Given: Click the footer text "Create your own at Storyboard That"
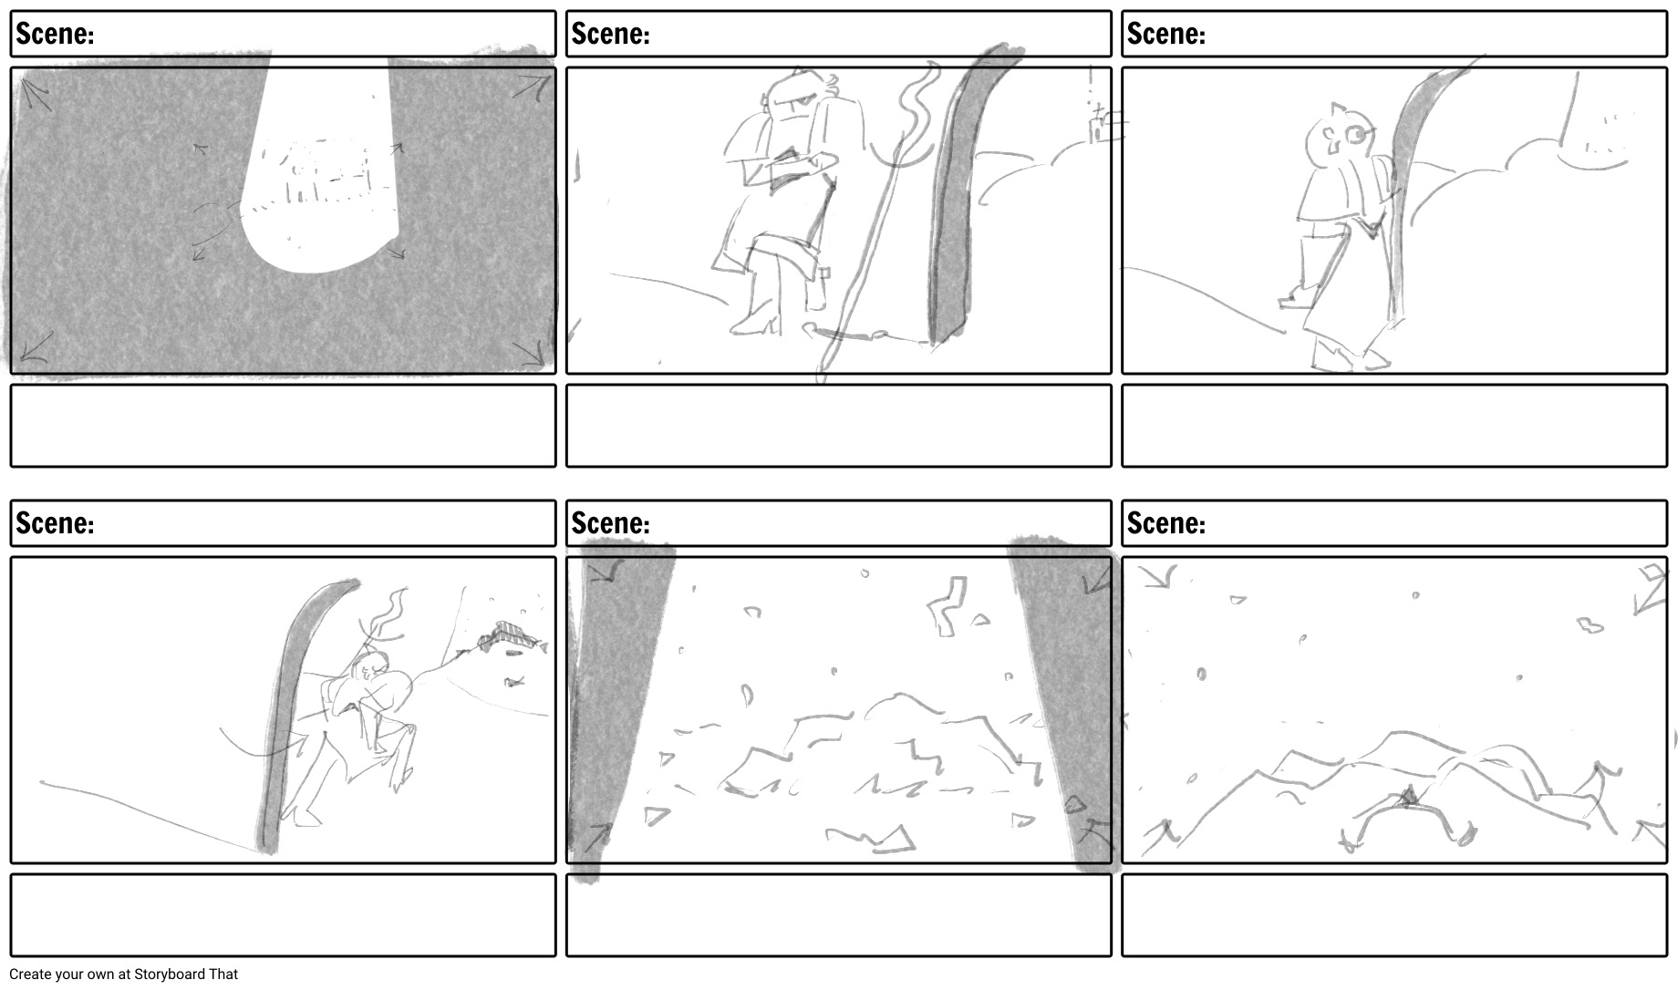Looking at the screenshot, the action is click(x=123, y=974).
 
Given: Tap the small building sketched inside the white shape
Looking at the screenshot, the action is click(x=319, y=173).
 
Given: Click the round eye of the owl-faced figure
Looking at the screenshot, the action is click(x=1360, y=136).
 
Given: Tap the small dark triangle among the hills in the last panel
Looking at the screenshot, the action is click(x=1408, y=797).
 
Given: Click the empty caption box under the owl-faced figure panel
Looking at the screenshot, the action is click(x=1394, y=426).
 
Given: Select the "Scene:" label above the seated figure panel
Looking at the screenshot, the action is click(x=610, y=34).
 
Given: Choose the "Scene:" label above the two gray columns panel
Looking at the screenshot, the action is click(x=610, y=523).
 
